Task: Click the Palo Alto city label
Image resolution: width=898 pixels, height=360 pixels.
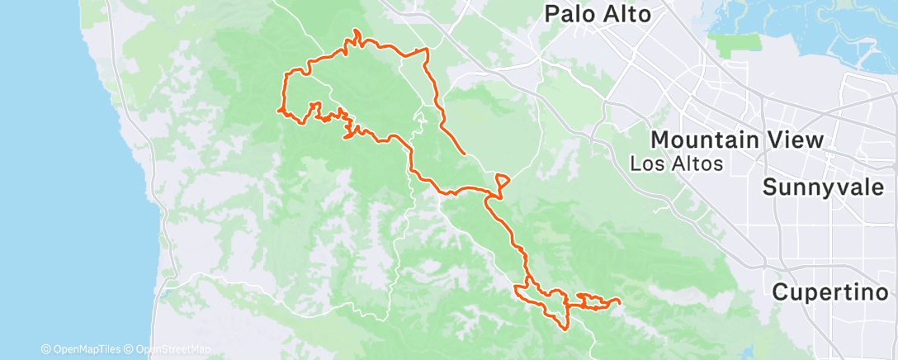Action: pos(598,14)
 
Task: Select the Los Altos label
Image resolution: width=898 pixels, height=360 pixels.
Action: pos(676,163)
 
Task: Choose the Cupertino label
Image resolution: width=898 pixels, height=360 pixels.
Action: pos(834,291)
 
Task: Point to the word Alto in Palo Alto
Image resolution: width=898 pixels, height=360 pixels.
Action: pos(626,14)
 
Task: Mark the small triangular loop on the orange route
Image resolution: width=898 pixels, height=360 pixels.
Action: pos(503,182)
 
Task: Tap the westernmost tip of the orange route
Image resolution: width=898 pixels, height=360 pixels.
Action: pos(278,108)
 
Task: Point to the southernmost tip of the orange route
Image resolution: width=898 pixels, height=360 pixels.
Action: pos(565,328)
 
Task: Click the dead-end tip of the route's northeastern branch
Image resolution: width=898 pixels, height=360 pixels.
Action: pos(465,154)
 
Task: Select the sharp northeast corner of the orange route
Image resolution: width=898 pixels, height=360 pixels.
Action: pos(427,50)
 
